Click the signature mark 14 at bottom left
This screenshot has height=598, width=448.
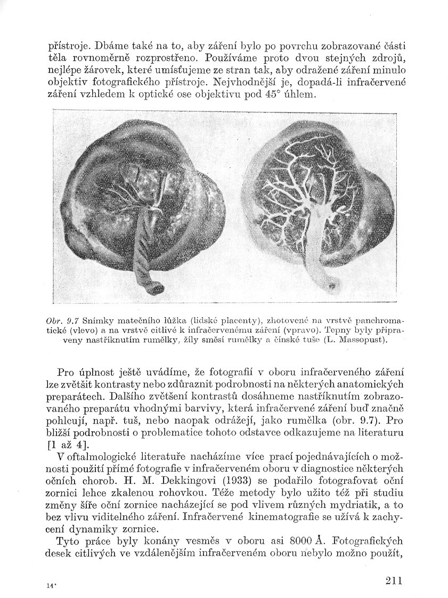pos(51,585)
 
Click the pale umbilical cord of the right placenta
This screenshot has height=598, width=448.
pos(317,250)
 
